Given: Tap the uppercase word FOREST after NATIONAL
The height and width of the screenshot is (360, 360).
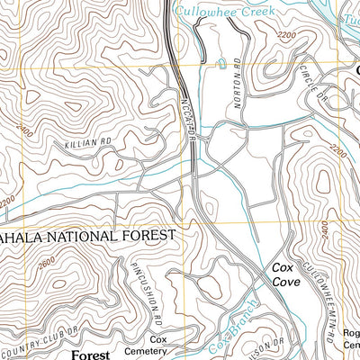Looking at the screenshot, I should click(146, 236).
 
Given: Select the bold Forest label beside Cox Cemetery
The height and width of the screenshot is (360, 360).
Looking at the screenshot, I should click(91, 355).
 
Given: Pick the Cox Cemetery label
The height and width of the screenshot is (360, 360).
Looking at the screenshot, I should click(159, 346).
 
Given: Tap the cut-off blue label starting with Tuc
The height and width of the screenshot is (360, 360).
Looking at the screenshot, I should click(348, 17).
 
